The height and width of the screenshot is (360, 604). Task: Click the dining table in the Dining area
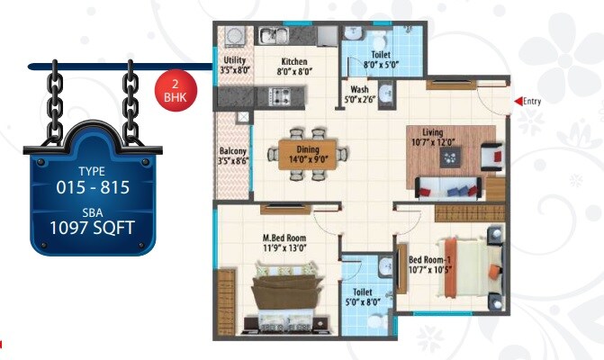pyautogui.click(x=307, y=151)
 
